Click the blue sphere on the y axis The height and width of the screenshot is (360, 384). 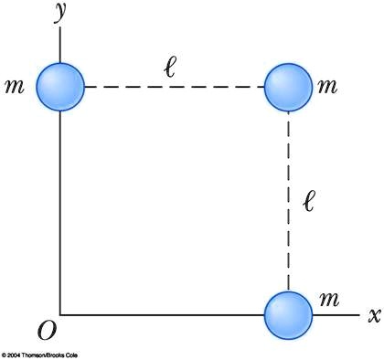(x=60, y=87)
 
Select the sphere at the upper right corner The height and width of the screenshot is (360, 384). (x=289, y=88)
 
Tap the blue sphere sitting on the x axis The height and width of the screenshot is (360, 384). (x=289, y=315)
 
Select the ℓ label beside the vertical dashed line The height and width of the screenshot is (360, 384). (x=309, y=200)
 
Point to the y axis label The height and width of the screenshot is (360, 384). (x=60, y=12)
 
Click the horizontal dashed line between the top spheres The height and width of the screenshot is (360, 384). (x=174, y=88)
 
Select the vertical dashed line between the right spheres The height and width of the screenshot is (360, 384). (x=289, y=201)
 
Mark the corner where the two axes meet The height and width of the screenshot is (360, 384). (x=60, y=315)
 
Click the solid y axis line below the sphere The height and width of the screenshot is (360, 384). (x=60, y=210)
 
